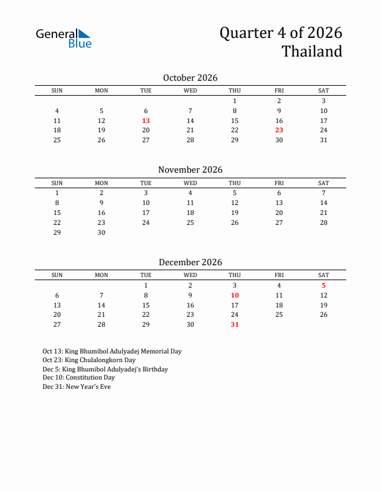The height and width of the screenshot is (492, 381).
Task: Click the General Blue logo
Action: [x=63, y=38]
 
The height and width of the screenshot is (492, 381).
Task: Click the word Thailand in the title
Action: [x=312, y=52]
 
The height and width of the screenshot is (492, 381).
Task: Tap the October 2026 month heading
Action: [x=190, y=78]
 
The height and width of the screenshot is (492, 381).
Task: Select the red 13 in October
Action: [x=146, y=121]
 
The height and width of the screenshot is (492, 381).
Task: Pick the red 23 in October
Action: [x=279, y=130]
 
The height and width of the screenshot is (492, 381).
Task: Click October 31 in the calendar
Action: [x=324, y=140]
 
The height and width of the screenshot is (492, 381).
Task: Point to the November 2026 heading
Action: [x=190, y=170]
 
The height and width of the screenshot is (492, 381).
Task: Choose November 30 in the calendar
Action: [x=101, y=233]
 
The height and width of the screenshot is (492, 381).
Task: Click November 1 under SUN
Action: [x=57, y=193]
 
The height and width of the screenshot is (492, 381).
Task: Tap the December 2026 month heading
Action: [x=190, y=262]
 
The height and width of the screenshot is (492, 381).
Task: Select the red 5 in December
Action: [x=324, y=286]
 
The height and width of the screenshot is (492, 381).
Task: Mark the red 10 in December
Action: [x=235, y=296]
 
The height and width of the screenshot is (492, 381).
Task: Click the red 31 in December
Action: [x=235, y=324]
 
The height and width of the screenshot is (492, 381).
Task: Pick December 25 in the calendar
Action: [x=279, y=314]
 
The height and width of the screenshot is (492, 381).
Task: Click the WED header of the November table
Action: [x=190, y=183]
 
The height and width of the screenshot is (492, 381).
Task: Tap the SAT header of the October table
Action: [x=324, y=91]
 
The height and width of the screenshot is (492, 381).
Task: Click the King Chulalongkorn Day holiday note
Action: [x=89, y=360]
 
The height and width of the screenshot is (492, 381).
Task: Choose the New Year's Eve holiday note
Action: [x=77, y=386]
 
